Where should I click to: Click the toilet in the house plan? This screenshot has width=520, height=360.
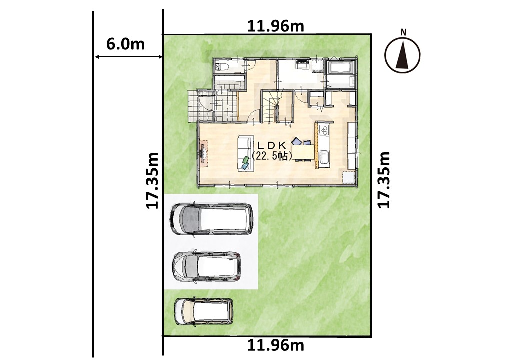221,67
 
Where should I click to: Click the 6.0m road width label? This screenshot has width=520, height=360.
125,44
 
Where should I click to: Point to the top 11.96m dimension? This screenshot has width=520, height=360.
276,26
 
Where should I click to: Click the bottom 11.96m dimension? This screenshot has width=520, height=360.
276,345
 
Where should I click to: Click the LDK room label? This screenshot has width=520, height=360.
272,145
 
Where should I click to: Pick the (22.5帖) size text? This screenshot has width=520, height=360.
272,156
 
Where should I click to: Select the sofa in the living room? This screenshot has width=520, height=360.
245,154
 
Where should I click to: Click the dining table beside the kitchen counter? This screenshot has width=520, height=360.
303,152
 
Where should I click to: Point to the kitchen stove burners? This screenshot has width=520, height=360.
324,130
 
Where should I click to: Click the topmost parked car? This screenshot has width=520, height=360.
211,219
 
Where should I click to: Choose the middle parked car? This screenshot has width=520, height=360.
206,267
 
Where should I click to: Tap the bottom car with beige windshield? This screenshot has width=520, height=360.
203,311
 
